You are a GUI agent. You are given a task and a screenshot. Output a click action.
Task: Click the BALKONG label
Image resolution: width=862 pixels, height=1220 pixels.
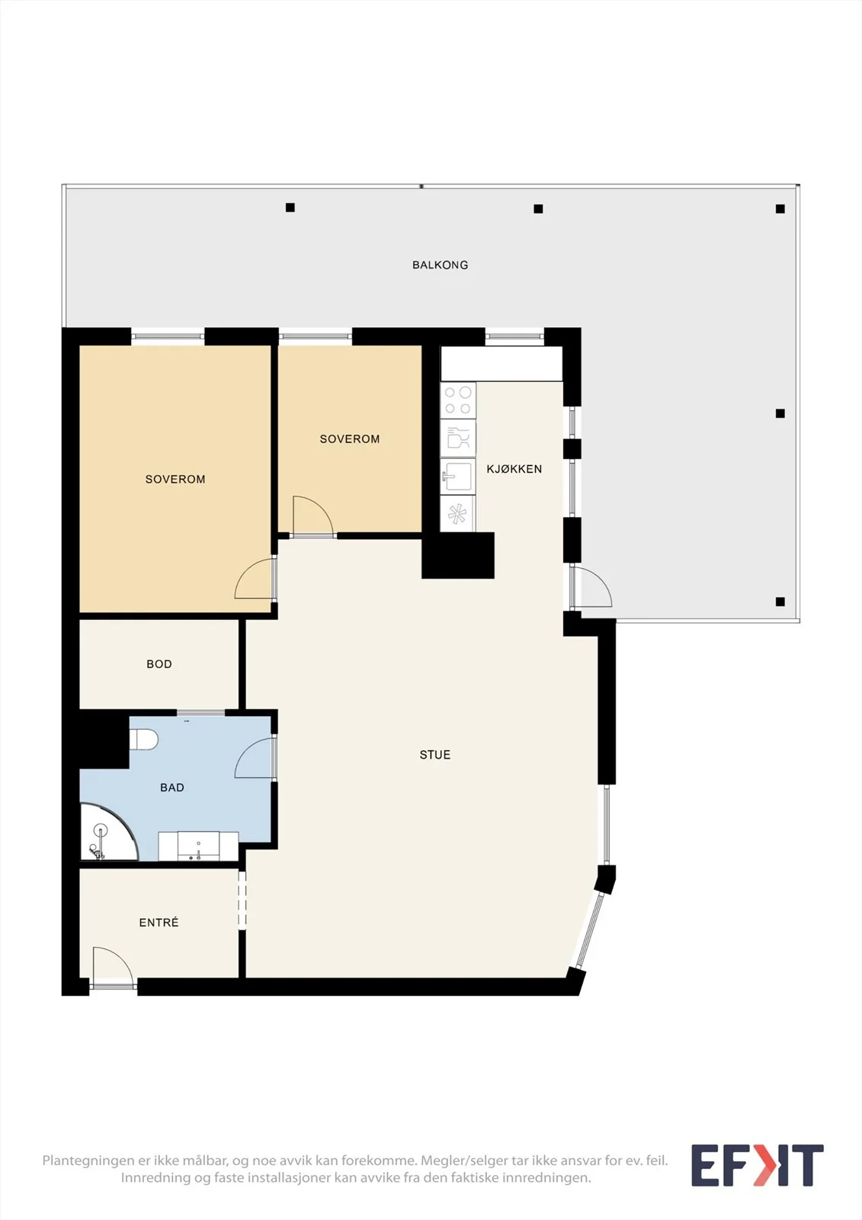click(x=440, y=265)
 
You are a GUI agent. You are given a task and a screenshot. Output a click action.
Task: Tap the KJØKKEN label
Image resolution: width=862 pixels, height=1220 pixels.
click(x=514, y=469)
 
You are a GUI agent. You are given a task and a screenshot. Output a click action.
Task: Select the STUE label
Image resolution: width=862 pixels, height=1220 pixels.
click(x=435, y=755)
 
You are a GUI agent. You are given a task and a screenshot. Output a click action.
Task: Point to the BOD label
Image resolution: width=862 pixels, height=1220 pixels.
click(x=159, y=664)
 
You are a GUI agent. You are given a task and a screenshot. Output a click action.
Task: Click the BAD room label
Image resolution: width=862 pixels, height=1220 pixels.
click(x=172, y=788)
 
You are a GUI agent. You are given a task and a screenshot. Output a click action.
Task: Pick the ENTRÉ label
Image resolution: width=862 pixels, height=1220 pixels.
click(x=159, y=922)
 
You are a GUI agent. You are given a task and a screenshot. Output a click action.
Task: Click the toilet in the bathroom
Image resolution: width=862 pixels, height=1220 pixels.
click(x=144, y=740)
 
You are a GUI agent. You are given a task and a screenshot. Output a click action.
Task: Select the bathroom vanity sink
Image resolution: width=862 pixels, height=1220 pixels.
click(x=198, y=846)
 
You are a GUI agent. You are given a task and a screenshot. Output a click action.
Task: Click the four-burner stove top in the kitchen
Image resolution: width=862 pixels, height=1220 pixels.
click(x=458, y=400)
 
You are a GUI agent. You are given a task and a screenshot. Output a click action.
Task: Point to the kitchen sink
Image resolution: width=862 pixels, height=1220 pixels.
click(x=458, y=477)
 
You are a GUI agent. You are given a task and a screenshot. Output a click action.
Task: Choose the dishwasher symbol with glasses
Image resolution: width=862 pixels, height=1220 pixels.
click(x=458, y=438)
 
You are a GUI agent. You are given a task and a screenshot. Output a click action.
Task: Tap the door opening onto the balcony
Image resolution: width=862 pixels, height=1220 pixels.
click(x=591, y=587)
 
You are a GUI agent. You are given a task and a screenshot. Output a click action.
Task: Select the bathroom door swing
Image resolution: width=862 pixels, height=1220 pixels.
click(x=255, y=758)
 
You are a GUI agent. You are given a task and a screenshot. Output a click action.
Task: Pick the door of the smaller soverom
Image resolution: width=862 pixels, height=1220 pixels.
click(x=313, y=517)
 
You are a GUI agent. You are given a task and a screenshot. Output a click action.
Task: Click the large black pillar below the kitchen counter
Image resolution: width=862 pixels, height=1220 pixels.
click(x=458, y=555)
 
